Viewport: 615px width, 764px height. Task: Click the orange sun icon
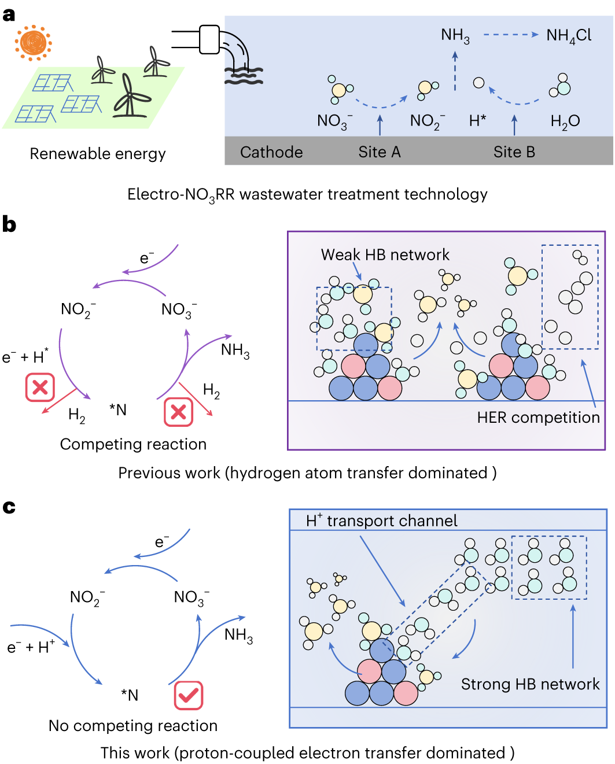click(34, 43)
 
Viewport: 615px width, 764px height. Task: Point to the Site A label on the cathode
click(380, 152)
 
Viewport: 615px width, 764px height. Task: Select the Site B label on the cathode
click(514, 152)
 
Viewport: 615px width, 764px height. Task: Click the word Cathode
click(271, 152)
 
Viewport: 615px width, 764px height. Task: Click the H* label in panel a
click(477, 121)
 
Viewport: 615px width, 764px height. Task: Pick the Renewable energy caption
click(98, 154)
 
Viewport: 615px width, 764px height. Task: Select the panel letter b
click(9, 224)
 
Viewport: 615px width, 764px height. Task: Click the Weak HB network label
click(385, 254)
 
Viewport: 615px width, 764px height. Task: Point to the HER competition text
click(538, 418)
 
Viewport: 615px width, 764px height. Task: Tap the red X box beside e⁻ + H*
click(40, 387)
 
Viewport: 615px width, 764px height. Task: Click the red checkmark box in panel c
click(189, 696)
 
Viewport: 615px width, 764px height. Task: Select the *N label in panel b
click(118, 410)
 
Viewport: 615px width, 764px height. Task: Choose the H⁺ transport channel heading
click(382, 521)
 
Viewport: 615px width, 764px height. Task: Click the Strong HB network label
click(530, 684)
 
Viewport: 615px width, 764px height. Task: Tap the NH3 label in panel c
click(238, 636)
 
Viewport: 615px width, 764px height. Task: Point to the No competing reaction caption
click(133, 726)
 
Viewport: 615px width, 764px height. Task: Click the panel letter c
click(9, 507)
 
